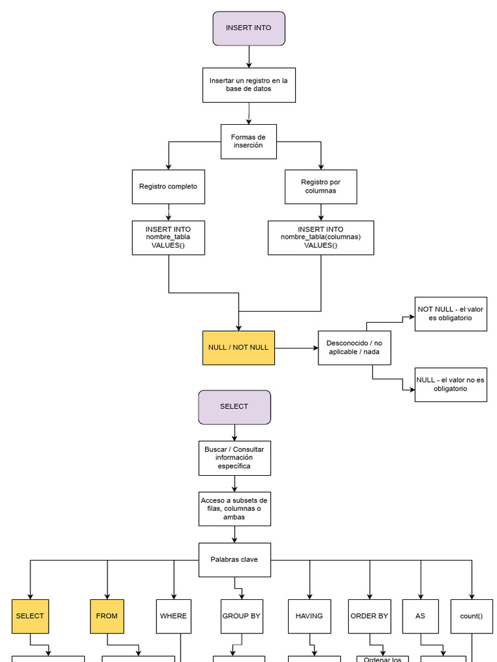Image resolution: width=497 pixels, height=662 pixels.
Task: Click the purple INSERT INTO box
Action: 248,28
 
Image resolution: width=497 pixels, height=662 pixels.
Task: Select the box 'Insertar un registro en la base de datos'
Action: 248,85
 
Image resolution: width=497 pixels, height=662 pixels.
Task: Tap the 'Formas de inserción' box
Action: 248,142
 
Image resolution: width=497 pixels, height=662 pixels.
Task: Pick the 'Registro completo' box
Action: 168,187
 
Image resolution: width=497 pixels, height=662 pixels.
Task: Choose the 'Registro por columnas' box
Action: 321,187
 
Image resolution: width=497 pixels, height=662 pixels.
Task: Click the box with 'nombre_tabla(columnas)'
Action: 321,238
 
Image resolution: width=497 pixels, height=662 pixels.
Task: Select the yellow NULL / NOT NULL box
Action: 239,348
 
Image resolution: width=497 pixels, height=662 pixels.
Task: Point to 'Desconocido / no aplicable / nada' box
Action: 354,348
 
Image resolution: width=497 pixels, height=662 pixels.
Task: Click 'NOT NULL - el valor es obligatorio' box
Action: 450,314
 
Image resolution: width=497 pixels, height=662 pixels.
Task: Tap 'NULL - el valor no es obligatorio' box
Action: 450,385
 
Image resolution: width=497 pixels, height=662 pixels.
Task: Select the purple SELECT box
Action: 234,407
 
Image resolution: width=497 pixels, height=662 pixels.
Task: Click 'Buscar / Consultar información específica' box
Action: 234,458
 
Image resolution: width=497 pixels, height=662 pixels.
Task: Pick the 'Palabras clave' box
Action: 234,560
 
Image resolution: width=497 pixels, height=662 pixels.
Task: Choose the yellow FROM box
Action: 107,616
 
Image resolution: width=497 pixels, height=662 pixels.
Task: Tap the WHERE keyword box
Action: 173,616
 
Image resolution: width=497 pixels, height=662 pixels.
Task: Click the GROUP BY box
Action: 241,616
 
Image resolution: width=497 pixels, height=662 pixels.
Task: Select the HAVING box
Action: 309,616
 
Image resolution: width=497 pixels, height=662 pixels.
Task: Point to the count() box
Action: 471,616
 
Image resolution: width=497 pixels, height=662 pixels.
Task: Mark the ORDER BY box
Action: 370,616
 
